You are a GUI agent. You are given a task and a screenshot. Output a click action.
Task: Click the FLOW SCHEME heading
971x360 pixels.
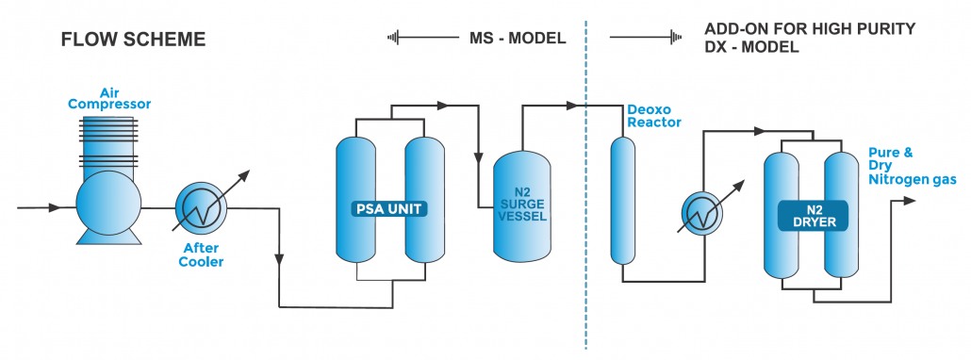pyautogui.click(x=133, y=40)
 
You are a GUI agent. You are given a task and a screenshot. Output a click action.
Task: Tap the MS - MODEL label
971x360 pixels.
pyautogui.click(x=517, y=39)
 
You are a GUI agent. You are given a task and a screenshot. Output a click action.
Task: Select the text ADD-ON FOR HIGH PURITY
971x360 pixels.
pyautogui.click(x=809, y=29)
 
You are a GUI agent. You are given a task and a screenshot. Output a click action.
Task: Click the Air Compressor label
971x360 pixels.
pyautogui.click(x=108, y=96)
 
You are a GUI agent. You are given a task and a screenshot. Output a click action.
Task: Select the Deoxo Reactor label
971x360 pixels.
pyautogui.click(x=654, y=115)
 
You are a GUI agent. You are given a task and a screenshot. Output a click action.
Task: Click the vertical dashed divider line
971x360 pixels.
pyautogui.click(x=586, y=188)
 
